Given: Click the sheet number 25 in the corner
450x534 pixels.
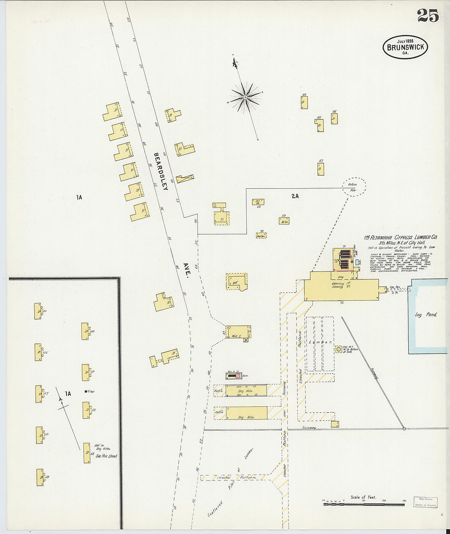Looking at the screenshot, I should (x=428, y=16).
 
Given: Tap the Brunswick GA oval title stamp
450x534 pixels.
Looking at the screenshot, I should (x=405, y=47).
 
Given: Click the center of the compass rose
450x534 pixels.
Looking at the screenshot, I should (x=245, y=97).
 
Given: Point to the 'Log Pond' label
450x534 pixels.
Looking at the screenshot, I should (x=426, y=315).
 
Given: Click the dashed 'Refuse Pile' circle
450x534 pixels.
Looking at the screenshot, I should (x=353, y=187).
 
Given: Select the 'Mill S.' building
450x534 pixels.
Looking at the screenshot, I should (x=238, y=332).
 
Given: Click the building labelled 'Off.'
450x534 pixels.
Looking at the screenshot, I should (x=236, y=282).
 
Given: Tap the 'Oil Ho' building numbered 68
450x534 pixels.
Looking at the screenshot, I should (x=258, y=202).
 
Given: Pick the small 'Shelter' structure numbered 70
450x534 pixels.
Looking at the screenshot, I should (x=261, y=236).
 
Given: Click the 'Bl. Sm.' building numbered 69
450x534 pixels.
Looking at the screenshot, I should (x=285, y=221).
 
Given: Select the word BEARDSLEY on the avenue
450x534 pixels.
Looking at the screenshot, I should (x=160, y=171).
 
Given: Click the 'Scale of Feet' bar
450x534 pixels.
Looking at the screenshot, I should (x=364, y=504).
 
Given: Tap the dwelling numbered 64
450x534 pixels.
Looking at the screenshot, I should (x=304, y=102).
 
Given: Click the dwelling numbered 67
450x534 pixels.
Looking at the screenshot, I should (x=321, y=169).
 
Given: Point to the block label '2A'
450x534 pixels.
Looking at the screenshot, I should (x=295, y=196).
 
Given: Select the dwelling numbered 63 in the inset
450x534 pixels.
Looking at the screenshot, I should (x=87, y=453).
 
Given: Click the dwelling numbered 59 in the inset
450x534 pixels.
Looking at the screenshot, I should (x=40, y=477).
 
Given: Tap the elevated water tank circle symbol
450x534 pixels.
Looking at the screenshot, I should (x=338, y=349).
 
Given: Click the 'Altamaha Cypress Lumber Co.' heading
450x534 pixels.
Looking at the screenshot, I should (x=401, y=237).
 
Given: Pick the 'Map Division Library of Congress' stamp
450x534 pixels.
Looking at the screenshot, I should (x=425, y=502).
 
